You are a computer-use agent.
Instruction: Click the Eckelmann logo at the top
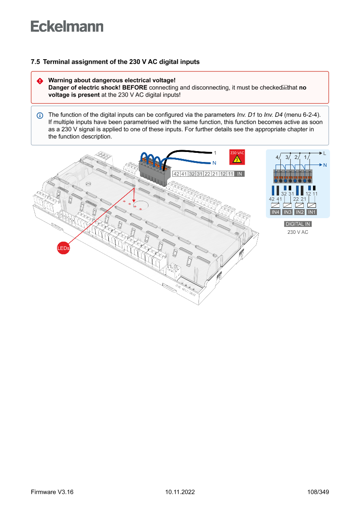[x=67, y=26]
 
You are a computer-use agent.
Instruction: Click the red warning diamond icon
[x=40, y=81]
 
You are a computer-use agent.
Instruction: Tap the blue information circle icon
[x=40, y=115]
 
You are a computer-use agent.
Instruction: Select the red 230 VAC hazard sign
[x=237, y=157]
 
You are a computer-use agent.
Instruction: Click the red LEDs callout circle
[x=64, y=248]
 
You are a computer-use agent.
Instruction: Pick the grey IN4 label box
[x=275, y=212]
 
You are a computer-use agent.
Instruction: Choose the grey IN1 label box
[x=311, y=212]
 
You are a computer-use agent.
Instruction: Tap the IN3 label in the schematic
[x=287, y=212]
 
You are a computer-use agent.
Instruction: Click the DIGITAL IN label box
[x=298, y=224]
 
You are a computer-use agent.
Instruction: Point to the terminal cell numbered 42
[x=176, y=174]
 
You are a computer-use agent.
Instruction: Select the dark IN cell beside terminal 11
[x=239, y=174]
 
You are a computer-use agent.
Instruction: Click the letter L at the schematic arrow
[x=325, y=153]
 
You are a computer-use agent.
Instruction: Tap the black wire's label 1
[x=215, y=153]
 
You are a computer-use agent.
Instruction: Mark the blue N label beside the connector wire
[x=214, y=163]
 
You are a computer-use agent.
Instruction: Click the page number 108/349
[x=318, y=492]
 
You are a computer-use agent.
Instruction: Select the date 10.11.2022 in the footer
[x=180, y=492]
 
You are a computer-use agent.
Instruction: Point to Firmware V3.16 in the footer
[x=52, y=492]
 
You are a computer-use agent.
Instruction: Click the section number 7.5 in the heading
[x=35, y=62]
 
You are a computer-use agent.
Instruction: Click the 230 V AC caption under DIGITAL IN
[x=298, y=232]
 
